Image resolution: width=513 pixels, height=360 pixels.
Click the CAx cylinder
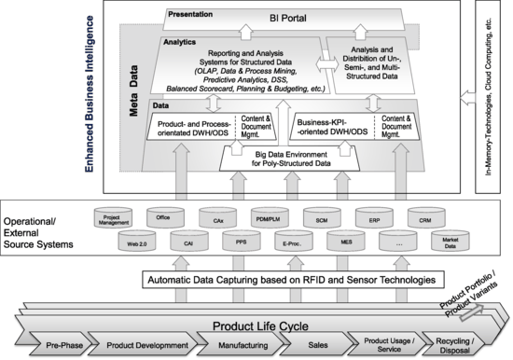coord(217,221)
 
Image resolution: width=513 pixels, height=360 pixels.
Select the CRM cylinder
coord(424,221)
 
